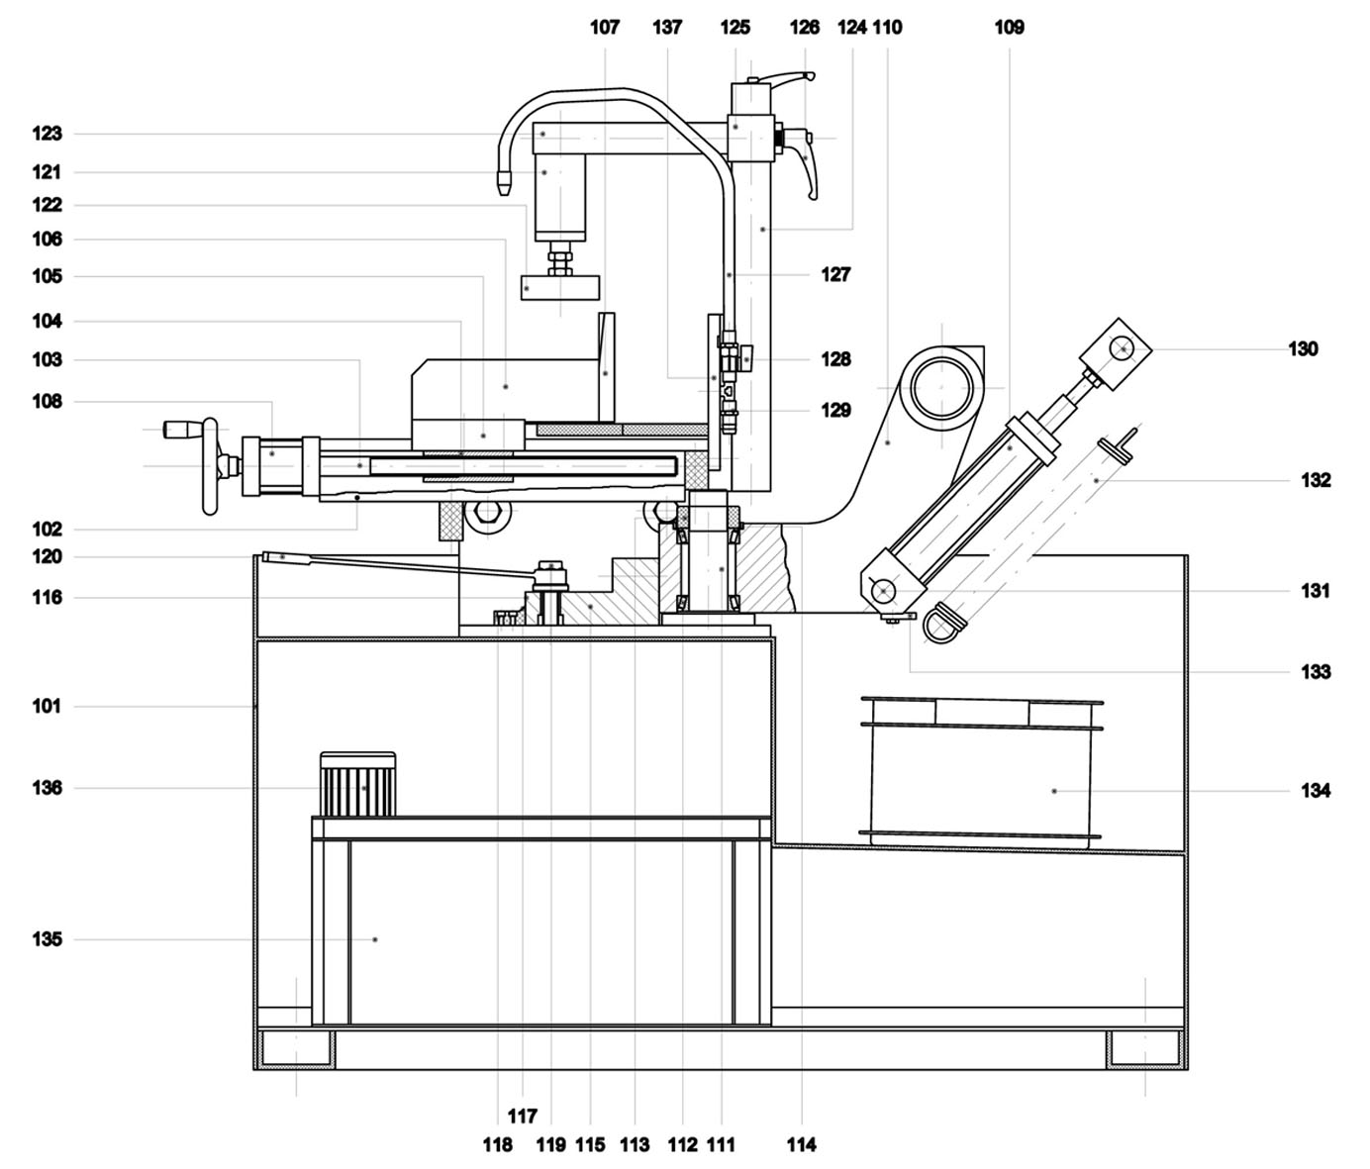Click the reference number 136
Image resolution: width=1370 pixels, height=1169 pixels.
[x=48, y=788]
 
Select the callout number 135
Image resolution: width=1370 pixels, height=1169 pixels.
[x=48, y=939]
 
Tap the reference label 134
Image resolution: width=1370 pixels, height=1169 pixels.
[x=1316, y=790]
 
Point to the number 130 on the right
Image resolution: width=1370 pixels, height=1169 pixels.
[x=1303, y=348]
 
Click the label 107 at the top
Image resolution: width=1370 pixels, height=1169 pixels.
[x=605, y=27]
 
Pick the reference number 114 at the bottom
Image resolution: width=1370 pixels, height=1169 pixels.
[x=802, y=1144]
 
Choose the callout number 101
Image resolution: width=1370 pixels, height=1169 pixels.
[x=48, y=707]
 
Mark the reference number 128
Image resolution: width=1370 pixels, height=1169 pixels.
[x=835, y=358]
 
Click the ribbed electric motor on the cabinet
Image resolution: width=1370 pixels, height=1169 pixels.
[x=357, y=784]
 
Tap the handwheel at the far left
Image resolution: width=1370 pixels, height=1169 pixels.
[x=209, y=466]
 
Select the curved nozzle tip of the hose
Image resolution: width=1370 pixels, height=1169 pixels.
[x=503, y=181]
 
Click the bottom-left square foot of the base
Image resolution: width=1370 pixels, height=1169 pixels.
[x=296, y=1048]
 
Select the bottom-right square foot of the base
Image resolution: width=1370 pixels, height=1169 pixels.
[x=1144, y=1048]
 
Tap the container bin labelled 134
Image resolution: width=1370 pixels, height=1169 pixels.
[x=980, y=772]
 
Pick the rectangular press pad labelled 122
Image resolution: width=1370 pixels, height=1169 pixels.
[x=560, y=287]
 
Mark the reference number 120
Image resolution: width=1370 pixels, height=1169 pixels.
[x=48, y=557]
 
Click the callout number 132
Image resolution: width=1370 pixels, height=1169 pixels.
[x=1316, y=480]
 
